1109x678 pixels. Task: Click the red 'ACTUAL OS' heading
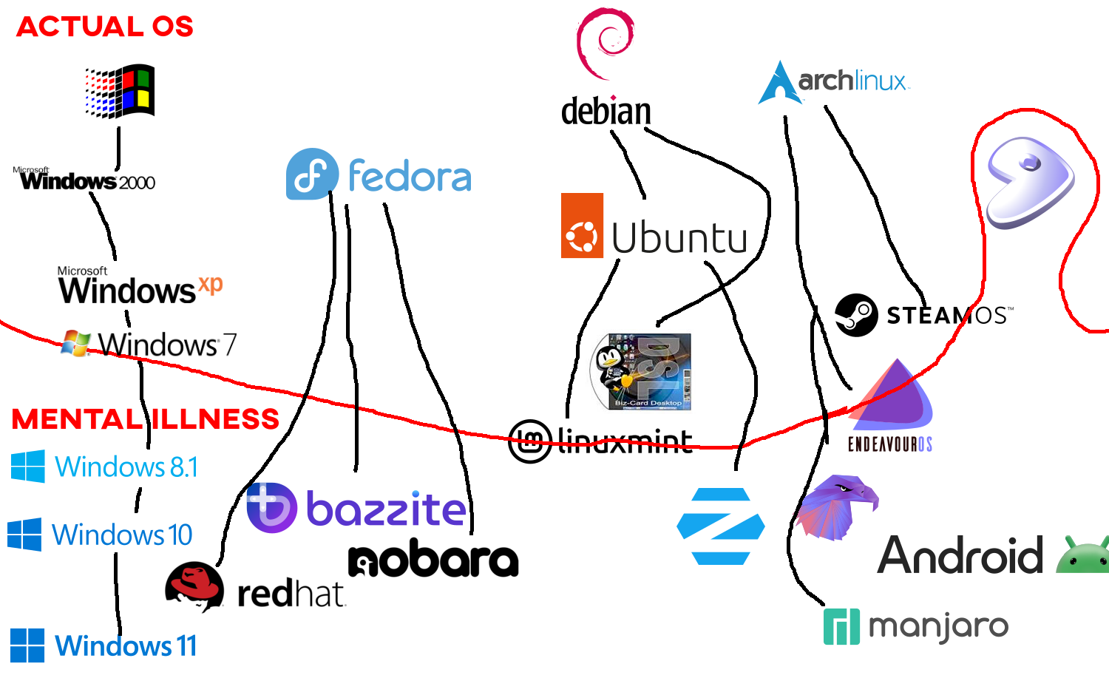click(105, 27)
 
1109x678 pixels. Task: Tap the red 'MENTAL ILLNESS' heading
click(146, 419)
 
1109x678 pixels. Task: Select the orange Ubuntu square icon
click(582, 226)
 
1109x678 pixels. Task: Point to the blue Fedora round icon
click(312, 174)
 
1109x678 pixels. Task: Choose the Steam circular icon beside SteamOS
click(856, 315)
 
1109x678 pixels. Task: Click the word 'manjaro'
click(938, 627)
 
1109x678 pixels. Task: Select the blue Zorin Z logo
click(721, 526)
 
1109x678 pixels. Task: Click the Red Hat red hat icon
click(194, 586)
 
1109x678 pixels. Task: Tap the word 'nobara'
click(433, 561)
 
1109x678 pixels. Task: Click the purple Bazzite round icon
click(271, 507)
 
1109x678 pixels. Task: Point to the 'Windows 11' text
click(126, 646)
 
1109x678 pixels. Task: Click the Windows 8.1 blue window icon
click(28, 467)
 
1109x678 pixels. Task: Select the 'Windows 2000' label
click(87, 181)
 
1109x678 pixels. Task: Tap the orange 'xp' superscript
click(211, 284)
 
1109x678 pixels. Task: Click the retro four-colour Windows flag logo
click(121, 91)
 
